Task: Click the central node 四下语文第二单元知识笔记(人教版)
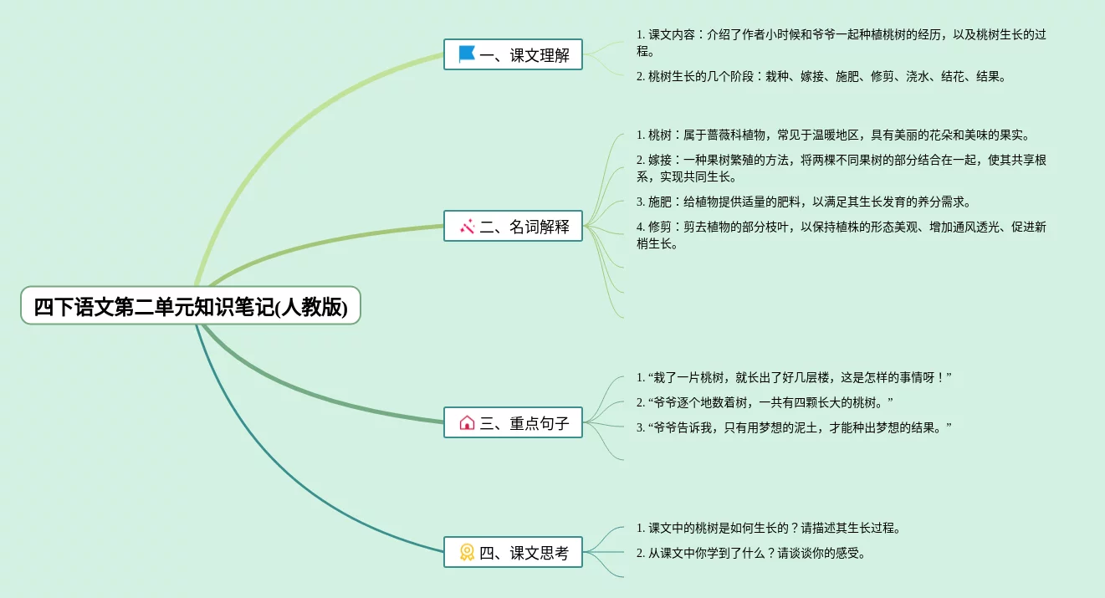click(x=191, y=306)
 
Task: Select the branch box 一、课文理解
click(x=513, y=54)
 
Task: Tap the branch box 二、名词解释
click(x=513, y=226)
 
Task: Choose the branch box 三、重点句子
click(x=513, y=423)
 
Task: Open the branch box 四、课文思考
click(x=513, y=552)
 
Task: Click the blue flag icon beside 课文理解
click(x=467, y=54)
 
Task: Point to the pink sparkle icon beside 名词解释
click(x=467, y=226)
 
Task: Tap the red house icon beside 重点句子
click(x=467, y=423)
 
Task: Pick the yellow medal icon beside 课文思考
click(x=467, y=552)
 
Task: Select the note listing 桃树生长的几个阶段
click(x=821, y=76)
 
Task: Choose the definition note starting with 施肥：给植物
click(x=803, y=202)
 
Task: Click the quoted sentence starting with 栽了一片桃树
click(x=794, y=377)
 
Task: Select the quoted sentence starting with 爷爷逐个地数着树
click(x=765, y=402)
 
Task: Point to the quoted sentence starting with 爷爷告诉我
click(x=794, y=427)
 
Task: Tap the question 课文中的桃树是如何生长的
click(x=768, y=528)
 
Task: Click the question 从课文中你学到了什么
click(x=750, y=553)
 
